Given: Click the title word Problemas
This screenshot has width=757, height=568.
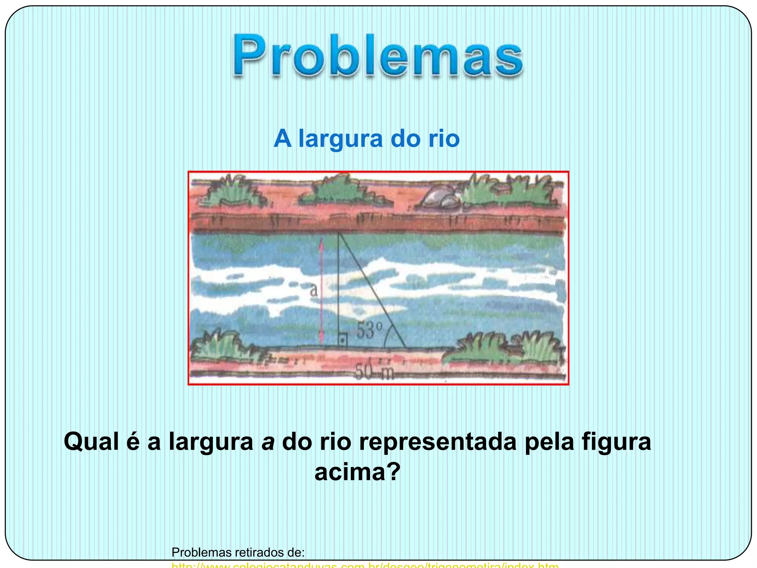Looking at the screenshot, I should click(378, 55).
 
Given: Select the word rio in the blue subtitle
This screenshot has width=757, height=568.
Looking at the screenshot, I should click(444, 139).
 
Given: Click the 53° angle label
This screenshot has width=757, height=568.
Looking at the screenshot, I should click(369, 330).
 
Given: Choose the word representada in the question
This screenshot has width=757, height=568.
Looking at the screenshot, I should click(438, 442).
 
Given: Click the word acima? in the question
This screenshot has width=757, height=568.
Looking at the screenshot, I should click(357, 472).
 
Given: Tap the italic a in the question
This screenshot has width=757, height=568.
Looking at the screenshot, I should click(268, 442).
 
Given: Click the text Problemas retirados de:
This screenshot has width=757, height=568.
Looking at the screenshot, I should click(238, 552).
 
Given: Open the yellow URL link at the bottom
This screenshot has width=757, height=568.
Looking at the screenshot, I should click(365, 565).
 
